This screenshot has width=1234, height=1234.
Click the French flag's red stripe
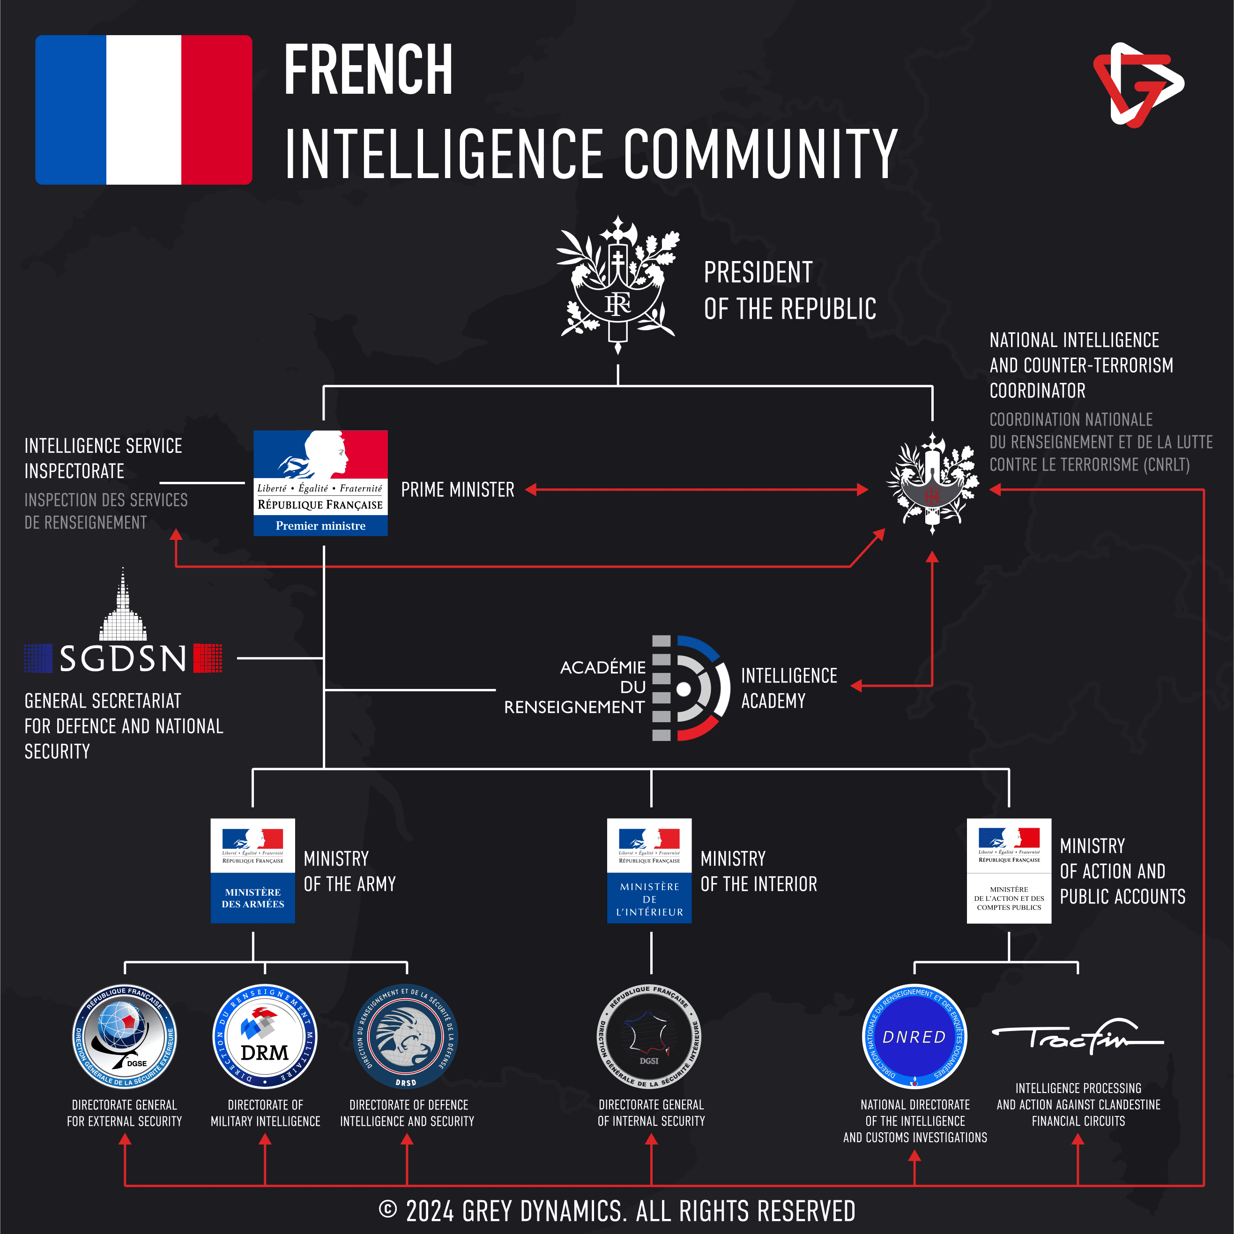tap(216, 110)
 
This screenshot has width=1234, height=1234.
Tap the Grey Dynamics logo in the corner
tap(1137, 84)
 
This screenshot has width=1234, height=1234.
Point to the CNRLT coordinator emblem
tap(932, 484)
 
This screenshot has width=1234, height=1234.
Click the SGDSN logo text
tap(123, 658)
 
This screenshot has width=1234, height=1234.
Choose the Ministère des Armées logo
tap(253, 870)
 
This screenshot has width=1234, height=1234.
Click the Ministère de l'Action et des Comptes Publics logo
tap(1009, 870)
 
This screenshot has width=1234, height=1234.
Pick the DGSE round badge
tap(125, 1036)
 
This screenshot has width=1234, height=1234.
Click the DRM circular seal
tap(265, 1036)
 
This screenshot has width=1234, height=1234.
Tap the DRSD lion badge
tap(406, 1036)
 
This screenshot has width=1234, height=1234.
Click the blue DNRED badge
tap(914, 1036)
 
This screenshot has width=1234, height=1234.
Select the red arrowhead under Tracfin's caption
tap(1078, 1139)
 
